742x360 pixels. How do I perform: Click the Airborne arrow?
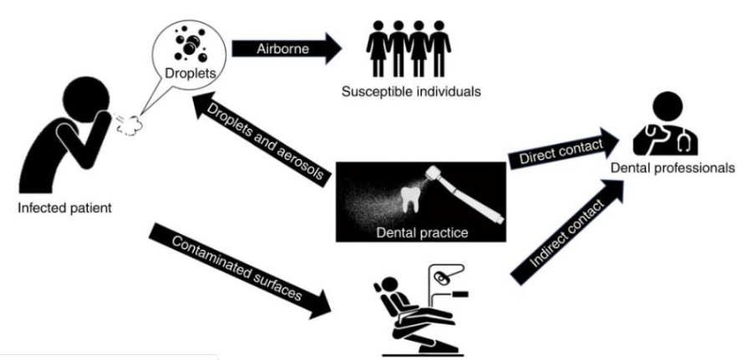point(287,48)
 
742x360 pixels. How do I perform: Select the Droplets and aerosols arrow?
point(260,137)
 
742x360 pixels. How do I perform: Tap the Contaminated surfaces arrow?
point(240,270)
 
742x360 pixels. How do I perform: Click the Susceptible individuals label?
point(411,91)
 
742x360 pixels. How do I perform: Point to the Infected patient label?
point(65,208)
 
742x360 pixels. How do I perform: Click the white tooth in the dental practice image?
point(411,200)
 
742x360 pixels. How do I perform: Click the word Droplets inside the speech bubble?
point(191,74)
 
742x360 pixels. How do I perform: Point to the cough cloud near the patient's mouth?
point(130,124)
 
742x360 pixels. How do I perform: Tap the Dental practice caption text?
point(422,232)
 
